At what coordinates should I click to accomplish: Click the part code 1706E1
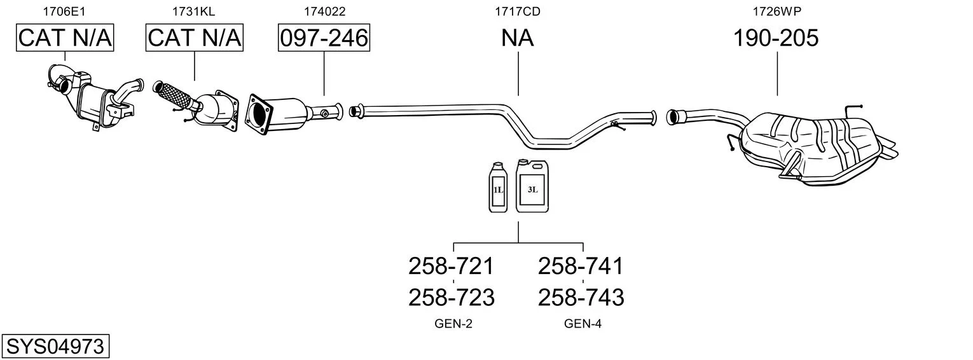tap(64, 11)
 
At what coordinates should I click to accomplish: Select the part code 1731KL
tap(194, 11)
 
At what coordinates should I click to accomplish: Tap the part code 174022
tap(324, 11)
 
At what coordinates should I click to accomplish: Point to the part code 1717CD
tap(518, 11)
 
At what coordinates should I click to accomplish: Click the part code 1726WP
tap(776, 11)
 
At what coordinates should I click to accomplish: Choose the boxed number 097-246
tap(324, 38)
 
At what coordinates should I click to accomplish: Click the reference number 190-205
tap(776, 38)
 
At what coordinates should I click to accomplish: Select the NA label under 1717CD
tap(518, 38)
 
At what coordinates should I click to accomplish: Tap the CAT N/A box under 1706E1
tap(64, 38)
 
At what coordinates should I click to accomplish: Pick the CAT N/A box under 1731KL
tap(195, 38)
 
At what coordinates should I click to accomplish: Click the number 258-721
tap(451, 266)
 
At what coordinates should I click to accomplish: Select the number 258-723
tap(451, 297)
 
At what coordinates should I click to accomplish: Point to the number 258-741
tap(581, 266)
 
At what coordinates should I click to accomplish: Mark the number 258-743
tap(581, 297)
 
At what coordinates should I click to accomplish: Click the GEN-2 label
tap(453, 324)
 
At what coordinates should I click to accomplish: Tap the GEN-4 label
tap(583, 324)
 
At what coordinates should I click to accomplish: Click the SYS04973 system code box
tap(55, 347)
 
